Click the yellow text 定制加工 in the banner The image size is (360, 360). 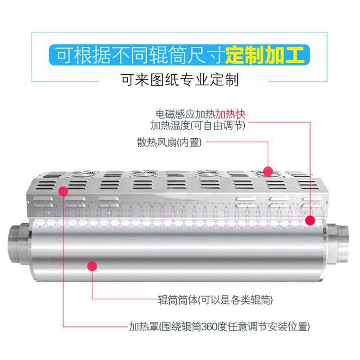point(265,54)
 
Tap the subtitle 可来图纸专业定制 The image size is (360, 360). point(180,80)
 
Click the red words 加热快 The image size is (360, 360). point(231,113)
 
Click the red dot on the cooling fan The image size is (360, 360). point(268,171)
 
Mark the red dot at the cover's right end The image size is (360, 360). point(310,220)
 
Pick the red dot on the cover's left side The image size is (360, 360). point(63,193)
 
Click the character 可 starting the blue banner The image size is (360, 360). point(64,54)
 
